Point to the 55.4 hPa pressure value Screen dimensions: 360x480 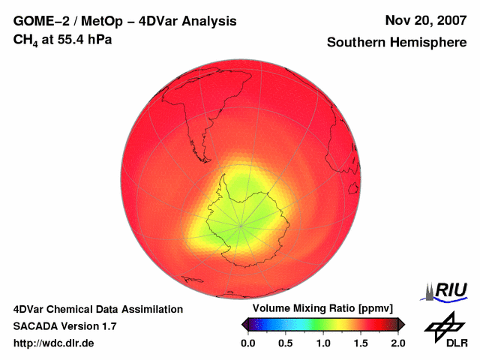click(79, 39)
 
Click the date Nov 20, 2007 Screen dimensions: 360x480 click(424, 21)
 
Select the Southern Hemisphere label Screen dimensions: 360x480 click(396, 43)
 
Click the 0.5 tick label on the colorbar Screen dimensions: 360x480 click(286, 343)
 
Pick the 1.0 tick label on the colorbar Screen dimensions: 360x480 click(323, 343)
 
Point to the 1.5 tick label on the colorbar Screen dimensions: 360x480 click(361, 343)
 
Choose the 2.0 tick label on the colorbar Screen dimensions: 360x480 click(398, 343)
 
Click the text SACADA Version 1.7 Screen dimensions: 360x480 click(64, 326)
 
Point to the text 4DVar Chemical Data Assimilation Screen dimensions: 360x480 click(97, 309)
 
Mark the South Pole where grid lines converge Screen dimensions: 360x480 click(241, 224)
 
